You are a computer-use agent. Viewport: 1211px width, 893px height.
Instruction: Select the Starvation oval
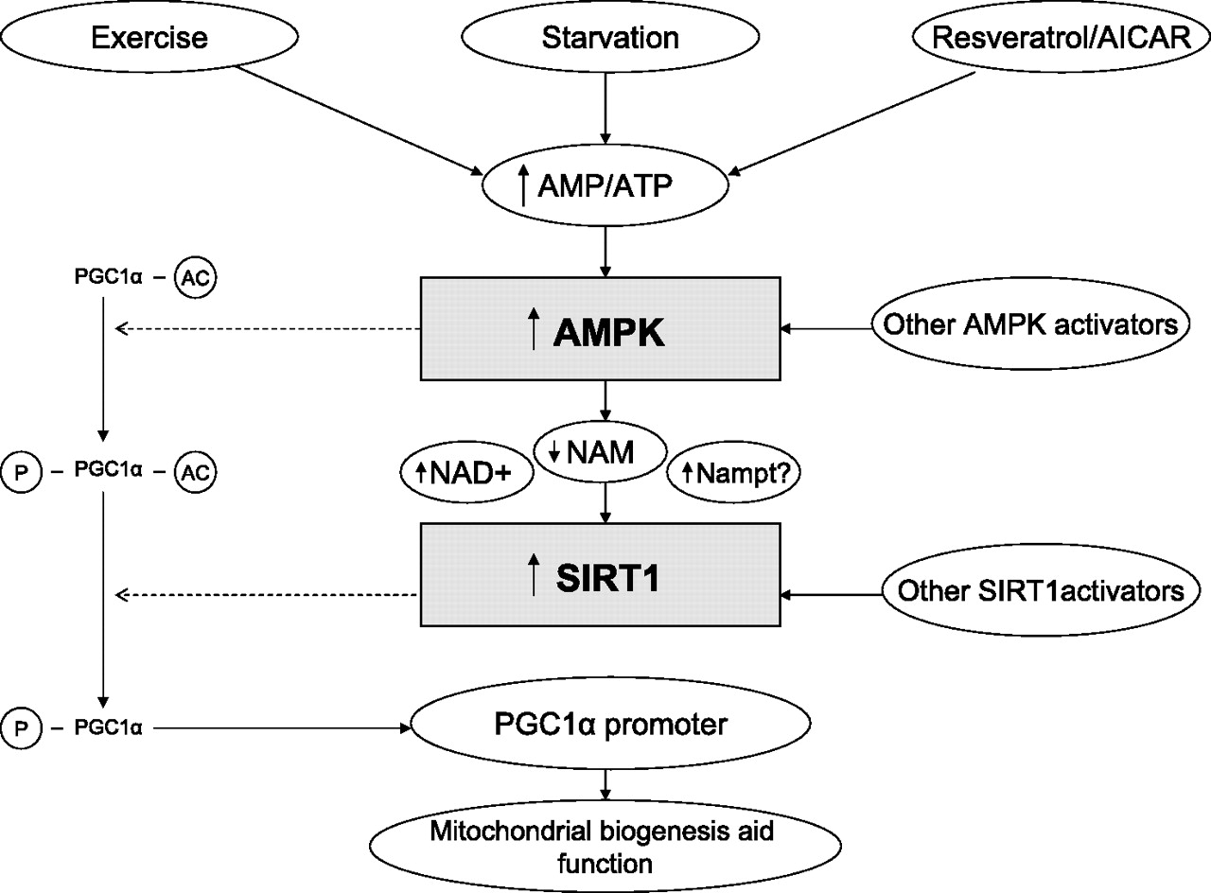pos(609,39)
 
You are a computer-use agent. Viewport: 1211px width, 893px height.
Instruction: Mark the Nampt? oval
pos(734,470)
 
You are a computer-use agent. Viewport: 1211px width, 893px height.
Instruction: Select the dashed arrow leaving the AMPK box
pos(267,329)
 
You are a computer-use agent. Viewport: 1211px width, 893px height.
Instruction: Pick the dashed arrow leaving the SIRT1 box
pos(267,595)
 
